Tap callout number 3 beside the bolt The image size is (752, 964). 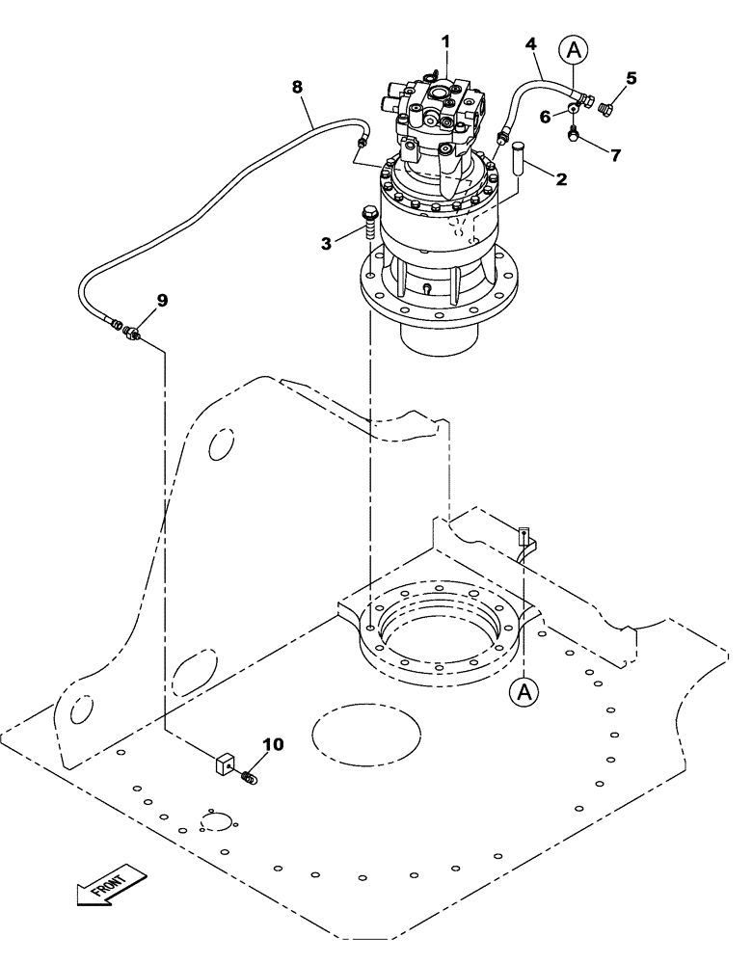coord(328,244)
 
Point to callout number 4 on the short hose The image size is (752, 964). coord(530,43)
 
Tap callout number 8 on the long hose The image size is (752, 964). coord(298,87)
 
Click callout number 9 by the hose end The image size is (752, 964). coord(162,300)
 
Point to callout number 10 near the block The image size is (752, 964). coord(273,744)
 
